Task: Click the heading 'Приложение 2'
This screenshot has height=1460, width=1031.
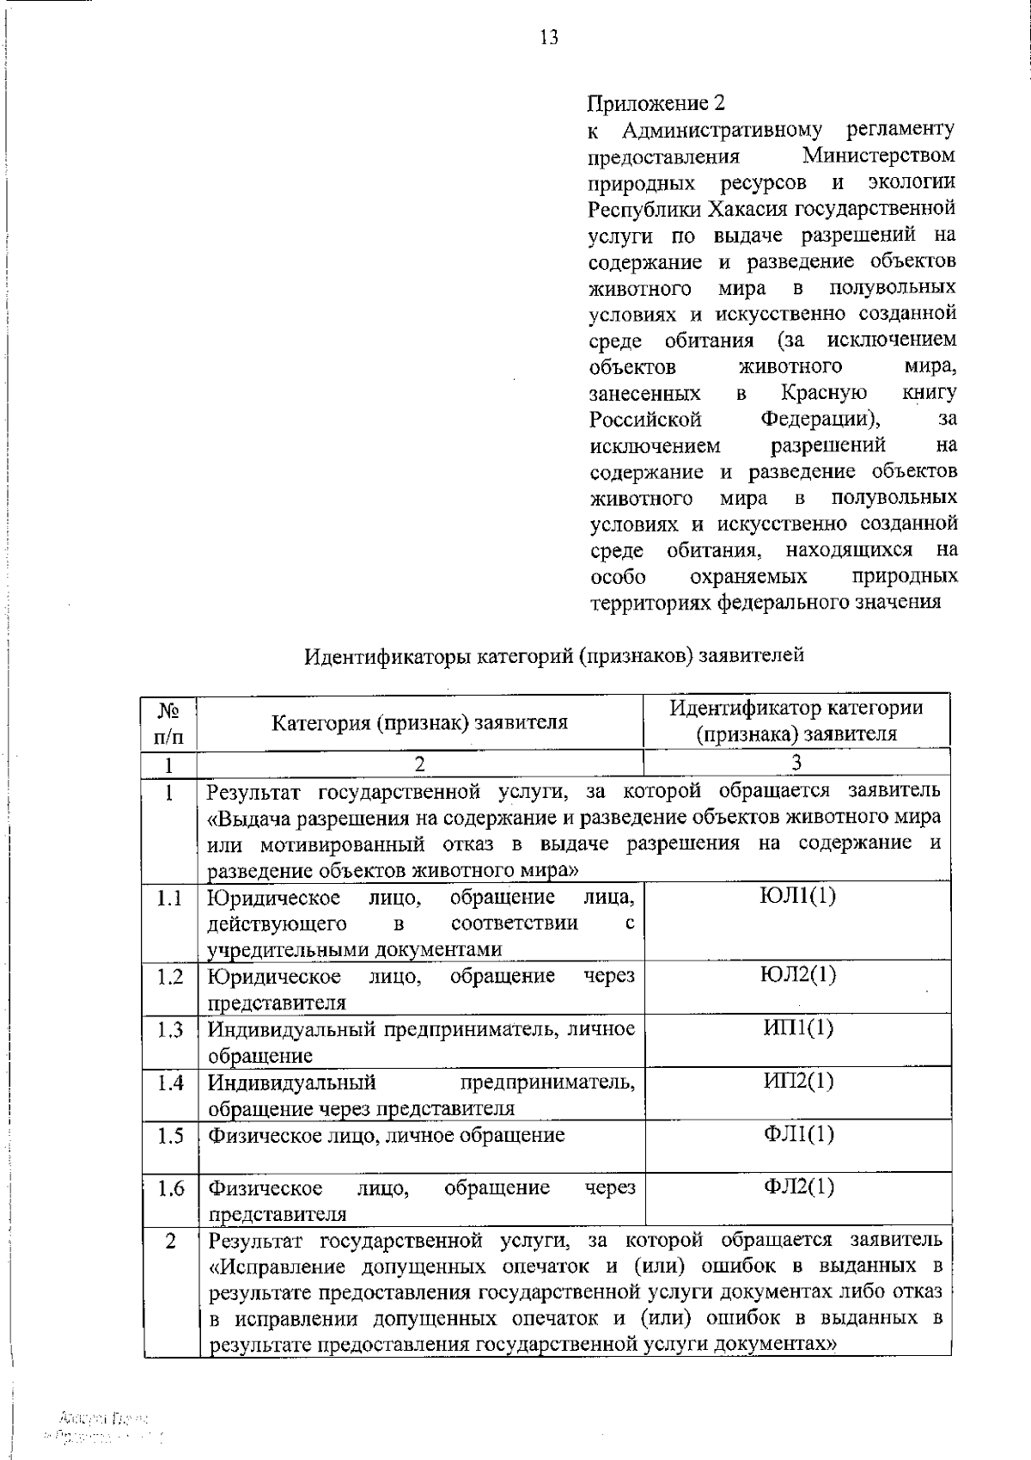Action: (x=656, y=103)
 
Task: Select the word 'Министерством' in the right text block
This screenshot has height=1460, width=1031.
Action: (x=878, y=156)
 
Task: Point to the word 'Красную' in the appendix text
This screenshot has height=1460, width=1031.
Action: (x=823, y=393)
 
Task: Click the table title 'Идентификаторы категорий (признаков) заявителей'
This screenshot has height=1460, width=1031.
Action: (x=554, y=656)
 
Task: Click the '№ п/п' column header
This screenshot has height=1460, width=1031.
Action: (x=169, y=723)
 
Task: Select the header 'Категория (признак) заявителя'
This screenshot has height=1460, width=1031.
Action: (x=419, y=722)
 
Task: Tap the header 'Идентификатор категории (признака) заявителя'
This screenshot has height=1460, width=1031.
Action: (x=796, y=721)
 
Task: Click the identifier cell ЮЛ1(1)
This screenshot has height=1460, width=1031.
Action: (x=798, y=896)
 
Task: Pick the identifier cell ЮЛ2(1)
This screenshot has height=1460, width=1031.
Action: (x=798, y=974)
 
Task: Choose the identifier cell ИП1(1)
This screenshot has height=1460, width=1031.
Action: (x=798, y=1028)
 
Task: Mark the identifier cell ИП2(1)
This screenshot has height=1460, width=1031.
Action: (x=798, y=1081)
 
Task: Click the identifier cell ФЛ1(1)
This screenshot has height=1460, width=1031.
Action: (x=798, y=1134)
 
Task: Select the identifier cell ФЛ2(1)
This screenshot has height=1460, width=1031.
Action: (x=798, y=1187)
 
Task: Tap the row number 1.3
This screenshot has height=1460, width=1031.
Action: (x=170, y=1029)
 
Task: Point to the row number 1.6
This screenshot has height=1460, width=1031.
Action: (x=170, y=1189)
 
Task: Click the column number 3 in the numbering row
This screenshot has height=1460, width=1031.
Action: (x=796, y=763)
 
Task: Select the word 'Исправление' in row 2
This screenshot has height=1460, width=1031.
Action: (x=285, y=1267)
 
